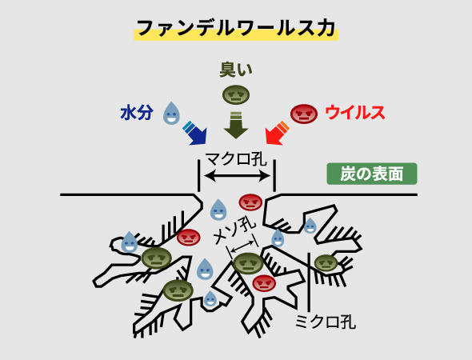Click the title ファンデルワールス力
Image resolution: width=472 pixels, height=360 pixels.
click(x=236, y=28)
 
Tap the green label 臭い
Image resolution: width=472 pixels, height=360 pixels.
click(x=236, y=70)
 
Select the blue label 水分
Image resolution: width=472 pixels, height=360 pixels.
click(x=137, y=113)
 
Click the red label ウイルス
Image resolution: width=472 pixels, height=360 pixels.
click(x=355, y=113)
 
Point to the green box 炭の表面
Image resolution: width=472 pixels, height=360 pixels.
click(x=372, y=174)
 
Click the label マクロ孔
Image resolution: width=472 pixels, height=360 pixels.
click(x=236, y=159)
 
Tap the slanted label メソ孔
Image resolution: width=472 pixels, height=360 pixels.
click(x=234, y=230)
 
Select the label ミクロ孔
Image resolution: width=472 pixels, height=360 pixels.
click(x=325, y=322)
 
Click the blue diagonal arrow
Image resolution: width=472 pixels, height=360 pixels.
click(x=195, y=134)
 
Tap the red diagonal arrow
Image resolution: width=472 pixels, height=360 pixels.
click(x=278, y=134)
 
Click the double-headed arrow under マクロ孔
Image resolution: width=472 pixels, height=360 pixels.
click(x=238, y=176)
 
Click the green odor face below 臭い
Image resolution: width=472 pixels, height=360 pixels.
click(x=236, y=95)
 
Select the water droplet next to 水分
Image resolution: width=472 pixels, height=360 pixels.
click(x=171, y=113)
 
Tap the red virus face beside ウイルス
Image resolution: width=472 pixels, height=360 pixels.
click(x=304, y=114)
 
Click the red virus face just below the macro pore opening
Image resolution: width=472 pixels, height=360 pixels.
click(x=250, y=202)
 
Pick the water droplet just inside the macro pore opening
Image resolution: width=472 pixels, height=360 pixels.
click(x=218, y=210)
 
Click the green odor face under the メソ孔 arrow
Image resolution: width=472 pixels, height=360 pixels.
click(x=248, y=263)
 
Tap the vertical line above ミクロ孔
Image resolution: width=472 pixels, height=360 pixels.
click(x=309, y=282)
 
